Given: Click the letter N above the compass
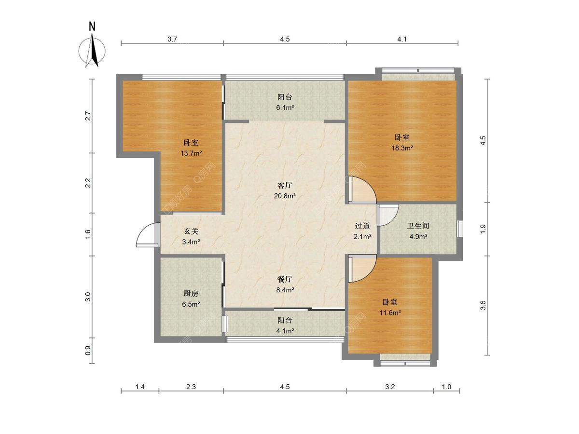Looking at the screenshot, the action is (92, 27).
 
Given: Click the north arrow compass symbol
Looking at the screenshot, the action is (92, 50).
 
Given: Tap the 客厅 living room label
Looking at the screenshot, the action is (285, 185).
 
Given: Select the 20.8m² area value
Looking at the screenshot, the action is (285, 196).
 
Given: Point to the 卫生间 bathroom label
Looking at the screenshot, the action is (418, 226).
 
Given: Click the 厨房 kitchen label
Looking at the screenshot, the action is (191, 294).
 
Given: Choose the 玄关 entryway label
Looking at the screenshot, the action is (191, 231).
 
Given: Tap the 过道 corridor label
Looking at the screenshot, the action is (362, 226).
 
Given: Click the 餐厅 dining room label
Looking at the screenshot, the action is (285, 279).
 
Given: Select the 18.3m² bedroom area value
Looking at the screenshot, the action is (402, 148).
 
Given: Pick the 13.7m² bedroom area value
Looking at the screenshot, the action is (191, 153).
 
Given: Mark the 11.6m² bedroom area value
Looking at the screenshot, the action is (390, 313).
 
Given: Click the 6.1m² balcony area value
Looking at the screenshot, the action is (285, 108).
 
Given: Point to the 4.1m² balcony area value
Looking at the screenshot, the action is (285, 331).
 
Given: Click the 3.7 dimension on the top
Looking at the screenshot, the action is (172, 39).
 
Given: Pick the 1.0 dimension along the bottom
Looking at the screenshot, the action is (446, 387).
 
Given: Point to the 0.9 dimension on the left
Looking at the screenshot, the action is (88, 351).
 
